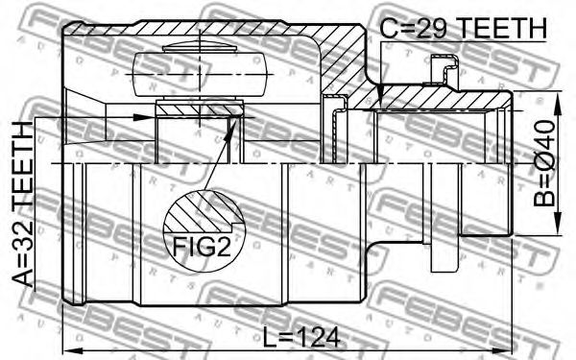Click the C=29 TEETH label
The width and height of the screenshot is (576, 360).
(x=463, y=29)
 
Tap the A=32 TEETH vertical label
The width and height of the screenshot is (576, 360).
(x=23, y=204)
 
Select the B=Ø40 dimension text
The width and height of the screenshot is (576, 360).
(x=544, y=163)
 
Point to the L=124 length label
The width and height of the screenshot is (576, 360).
(x=301, y=338)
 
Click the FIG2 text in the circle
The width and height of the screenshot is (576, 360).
(x=202, y=247)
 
